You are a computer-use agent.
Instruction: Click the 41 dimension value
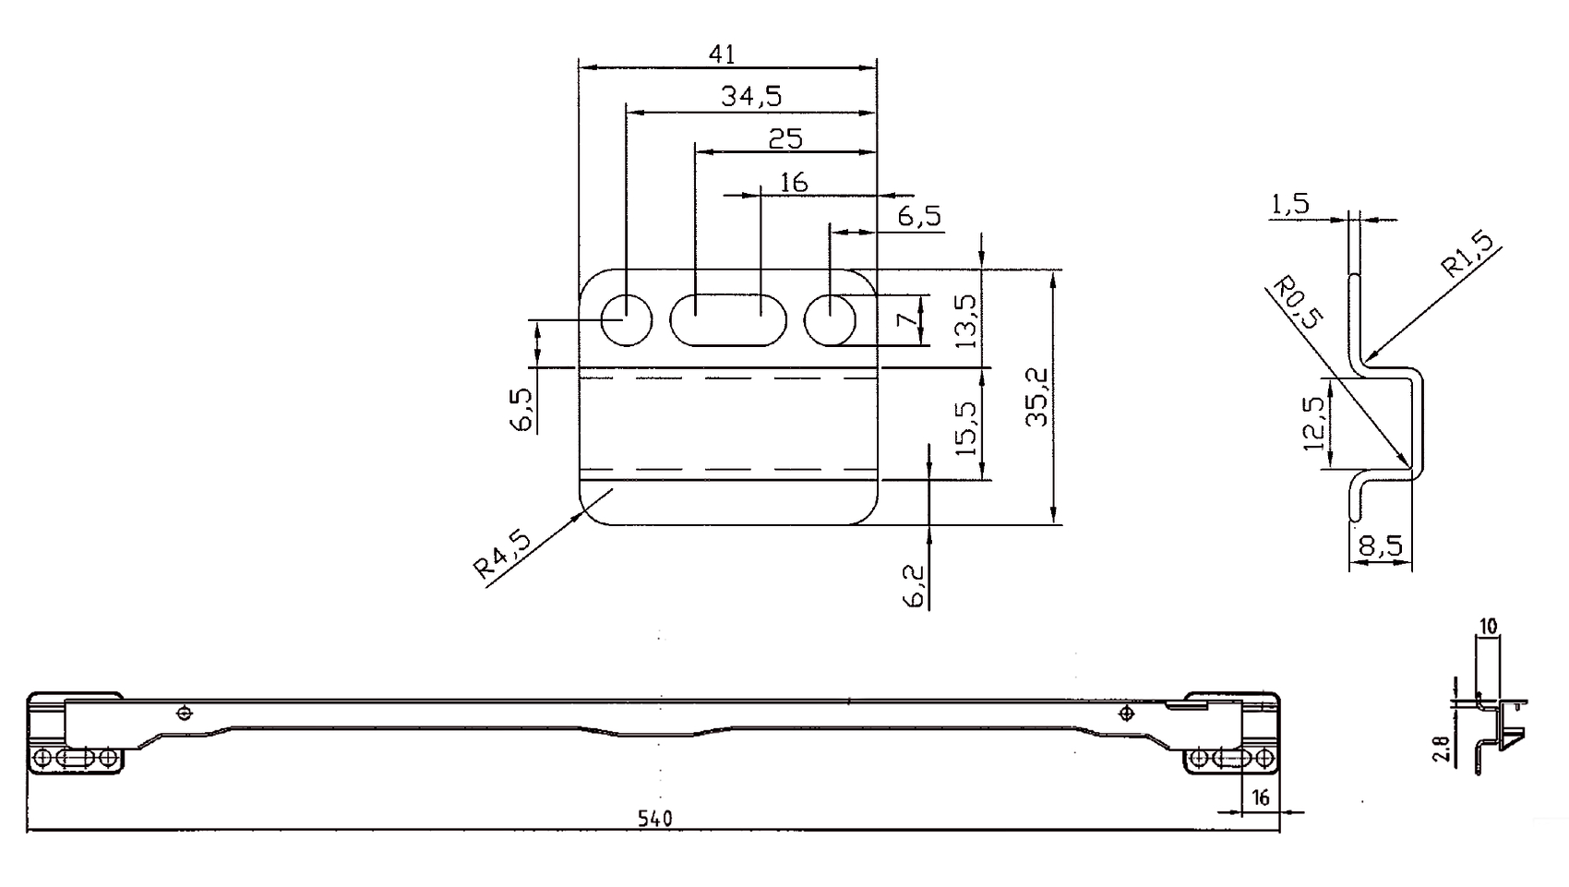[x=722, y=54]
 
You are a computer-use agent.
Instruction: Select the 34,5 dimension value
[x=752, y=96]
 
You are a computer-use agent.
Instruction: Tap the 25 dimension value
[x=785, y=138]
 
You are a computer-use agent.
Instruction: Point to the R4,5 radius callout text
[x=503, y=554]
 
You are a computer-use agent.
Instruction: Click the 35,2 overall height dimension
[x=1039, y=396]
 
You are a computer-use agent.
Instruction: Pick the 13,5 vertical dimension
[x=966, y=320]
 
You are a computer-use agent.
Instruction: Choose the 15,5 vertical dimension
[x=966, y=428]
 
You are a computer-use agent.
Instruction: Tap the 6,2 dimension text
[x=915, y=585]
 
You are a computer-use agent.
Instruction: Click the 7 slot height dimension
[x=908, y=320]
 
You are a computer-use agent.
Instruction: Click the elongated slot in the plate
[x=728, y=320]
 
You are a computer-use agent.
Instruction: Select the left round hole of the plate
[x=627, y=320]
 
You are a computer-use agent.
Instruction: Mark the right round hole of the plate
[x=831, y=320]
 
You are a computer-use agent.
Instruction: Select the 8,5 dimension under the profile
[x=1382, y=546]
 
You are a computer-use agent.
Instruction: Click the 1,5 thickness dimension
[x=1290, y=204]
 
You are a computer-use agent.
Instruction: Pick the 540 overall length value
[x=655, y=819]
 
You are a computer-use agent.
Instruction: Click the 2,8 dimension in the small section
[x=1443, y=748]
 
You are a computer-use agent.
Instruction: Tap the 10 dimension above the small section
[x=1487, y=627]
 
